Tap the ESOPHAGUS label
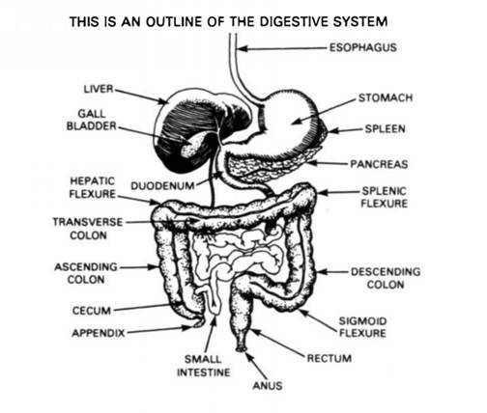[363, 47]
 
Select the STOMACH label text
[386, 97]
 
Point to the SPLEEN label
[385, 129]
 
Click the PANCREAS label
[379, 164]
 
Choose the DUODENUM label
[162, 186]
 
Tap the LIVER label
[99, 89]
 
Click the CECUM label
[92, 311]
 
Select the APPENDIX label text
[99, 333]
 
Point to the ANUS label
[268, 385]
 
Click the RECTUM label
[329, 358]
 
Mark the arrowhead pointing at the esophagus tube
[243, 49]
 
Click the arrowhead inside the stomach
[296, 122]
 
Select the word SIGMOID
[362, 321]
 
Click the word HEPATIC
[93, 181]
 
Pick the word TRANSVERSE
[88, 222]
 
